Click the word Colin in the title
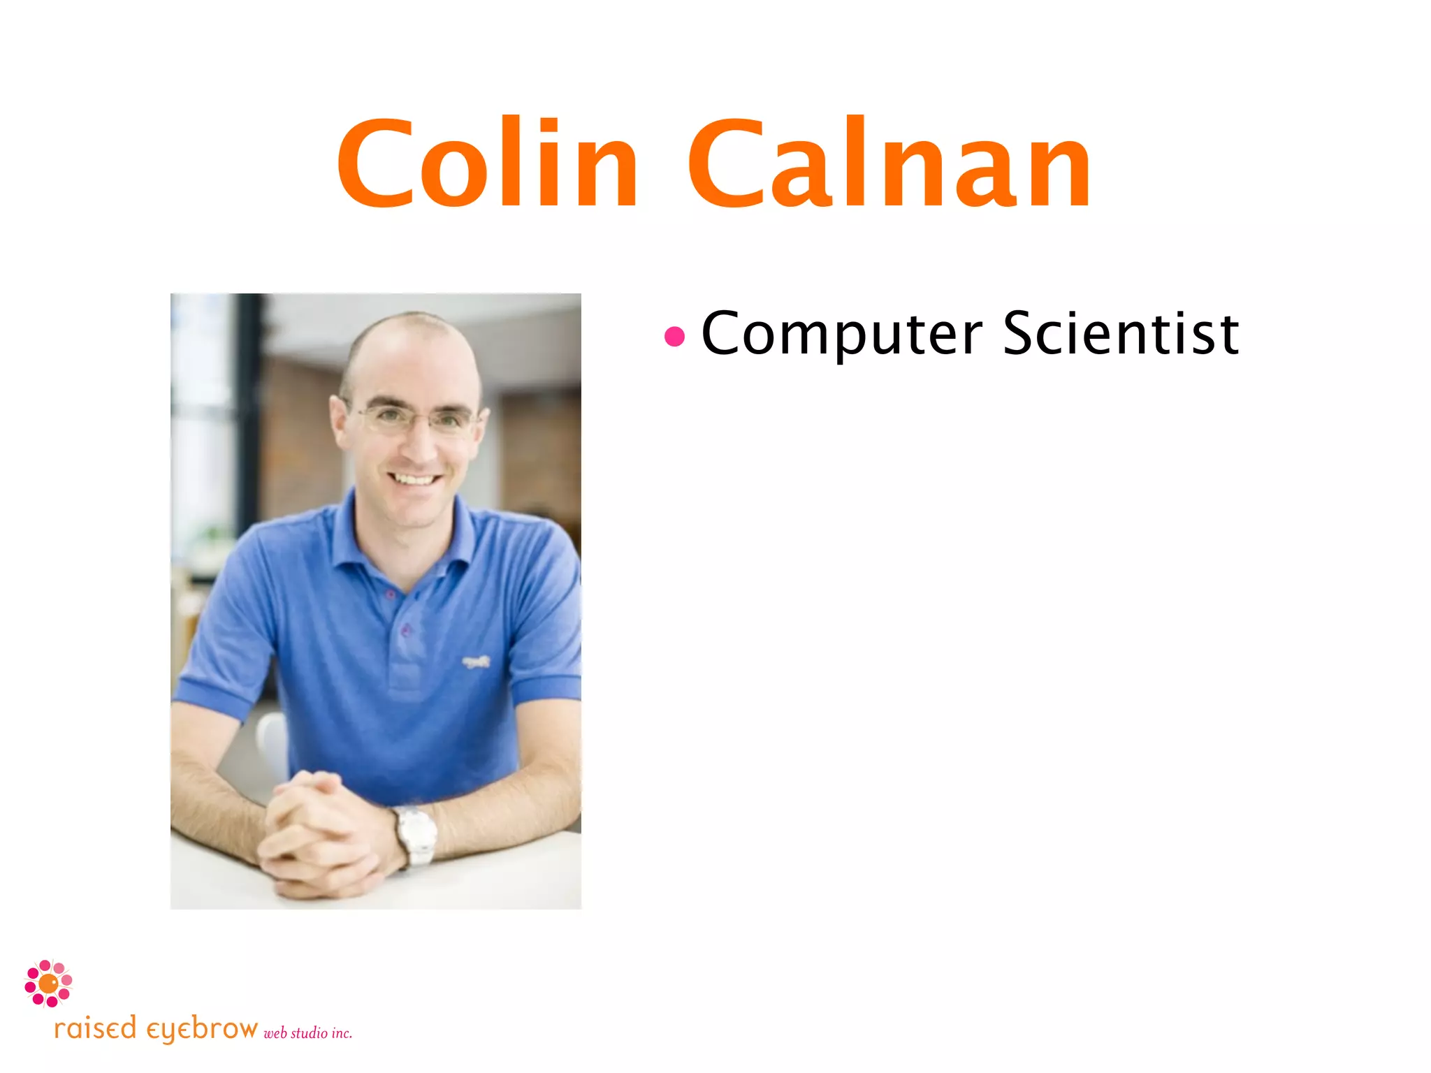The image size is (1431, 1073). click(x=487, y=164)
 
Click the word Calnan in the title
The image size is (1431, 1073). click(x=889, y=164)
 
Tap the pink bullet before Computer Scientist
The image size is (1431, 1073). click(x=674, y=337)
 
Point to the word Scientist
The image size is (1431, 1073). click(x=1121, y=334)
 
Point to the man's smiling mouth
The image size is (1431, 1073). click(x=415, y=479)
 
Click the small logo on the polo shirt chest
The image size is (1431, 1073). click(x=477, y=660)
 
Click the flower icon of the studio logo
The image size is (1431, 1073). click(x=48, y=983)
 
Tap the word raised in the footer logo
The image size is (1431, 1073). click(x=95, y=1029)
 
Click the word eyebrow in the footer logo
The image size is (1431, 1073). click(x=202, y=1030)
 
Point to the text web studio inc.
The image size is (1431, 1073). click(x=307, y=1033)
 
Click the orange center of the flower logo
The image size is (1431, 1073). click(x=48, y=984)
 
